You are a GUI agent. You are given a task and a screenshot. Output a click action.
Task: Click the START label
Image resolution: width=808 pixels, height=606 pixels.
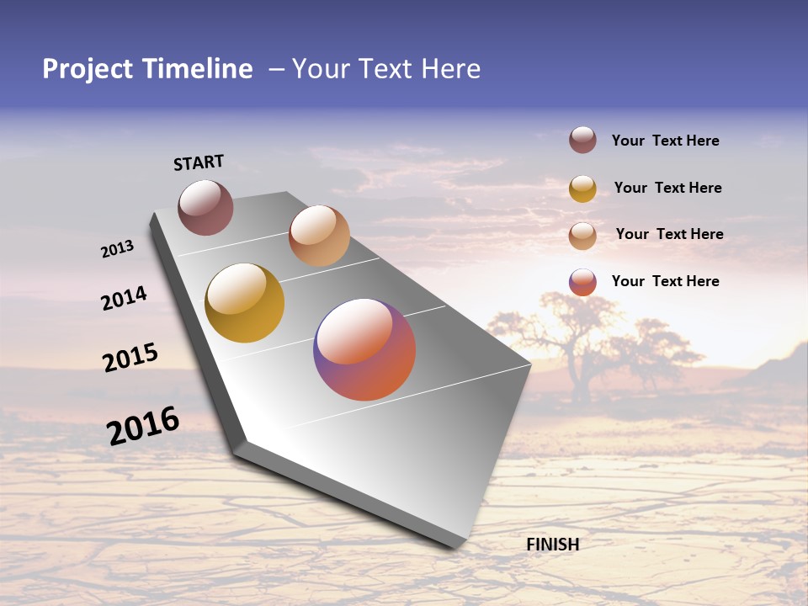click(x=199, y=162)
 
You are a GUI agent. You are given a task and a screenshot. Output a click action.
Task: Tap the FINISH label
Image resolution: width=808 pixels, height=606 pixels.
click(x=552, y=545)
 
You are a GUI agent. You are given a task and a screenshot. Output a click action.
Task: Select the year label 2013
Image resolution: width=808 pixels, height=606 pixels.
click(x=117, y=249)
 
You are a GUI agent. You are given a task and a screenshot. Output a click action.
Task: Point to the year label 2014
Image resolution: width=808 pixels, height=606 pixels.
click(x=124, y=298)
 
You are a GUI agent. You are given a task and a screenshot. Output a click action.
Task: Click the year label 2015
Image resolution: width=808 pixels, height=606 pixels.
click(x=130, y=357)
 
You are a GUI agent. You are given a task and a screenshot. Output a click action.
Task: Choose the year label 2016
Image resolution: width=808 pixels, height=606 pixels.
click(x=143, y=425)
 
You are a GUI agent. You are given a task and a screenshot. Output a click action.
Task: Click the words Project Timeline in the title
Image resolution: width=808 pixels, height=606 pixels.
click(x=147, y=69)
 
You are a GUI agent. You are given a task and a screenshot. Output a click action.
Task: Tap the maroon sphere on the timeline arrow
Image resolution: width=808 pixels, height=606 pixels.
click(x=205, y=207)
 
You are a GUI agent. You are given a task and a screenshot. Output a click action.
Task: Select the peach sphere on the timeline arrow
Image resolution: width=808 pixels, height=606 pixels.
click(x=319, y=236)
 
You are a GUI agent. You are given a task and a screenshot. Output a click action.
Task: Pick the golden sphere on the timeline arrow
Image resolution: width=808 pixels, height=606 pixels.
click(x=245, y=303)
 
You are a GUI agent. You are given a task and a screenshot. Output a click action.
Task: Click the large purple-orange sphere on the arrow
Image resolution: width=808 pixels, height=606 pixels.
click(x=364, y=349)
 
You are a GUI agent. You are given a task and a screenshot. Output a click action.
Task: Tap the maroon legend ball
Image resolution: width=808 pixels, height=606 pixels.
click(x=582, y=141)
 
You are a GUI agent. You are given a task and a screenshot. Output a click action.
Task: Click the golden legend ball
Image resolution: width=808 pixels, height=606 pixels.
click(x=582, y=189)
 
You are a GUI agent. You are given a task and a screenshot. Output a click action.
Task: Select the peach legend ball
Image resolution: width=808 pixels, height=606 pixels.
click(x=582, y=236)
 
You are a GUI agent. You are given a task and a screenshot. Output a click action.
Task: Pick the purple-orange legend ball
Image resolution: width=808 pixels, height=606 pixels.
click(x=582, y=282)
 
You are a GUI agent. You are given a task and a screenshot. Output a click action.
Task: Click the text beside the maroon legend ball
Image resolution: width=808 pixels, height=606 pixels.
click(x=665, y=141)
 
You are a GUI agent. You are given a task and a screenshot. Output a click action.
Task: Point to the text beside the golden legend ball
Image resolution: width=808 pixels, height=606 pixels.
click(x=667, y=188)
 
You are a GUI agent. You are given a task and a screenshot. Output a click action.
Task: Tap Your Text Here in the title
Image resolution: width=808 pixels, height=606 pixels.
click(x=386, y=69)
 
